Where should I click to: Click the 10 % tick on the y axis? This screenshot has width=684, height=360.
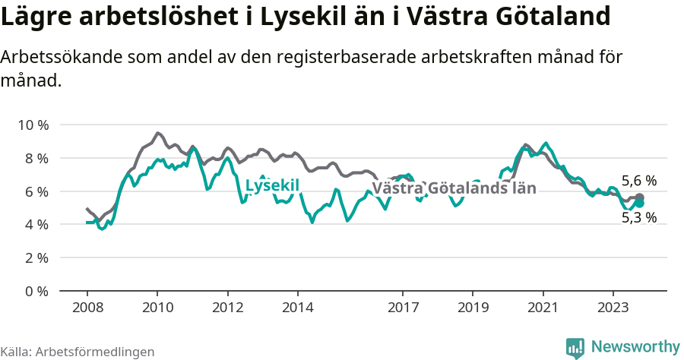point(32,125)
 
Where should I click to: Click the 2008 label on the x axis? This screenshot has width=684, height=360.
point(87,308)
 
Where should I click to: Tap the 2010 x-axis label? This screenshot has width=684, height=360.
point(157,308)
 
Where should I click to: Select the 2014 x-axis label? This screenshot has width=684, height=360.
point(297,308)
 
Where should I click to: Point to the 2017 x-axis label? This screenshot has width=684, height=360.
point(403,308)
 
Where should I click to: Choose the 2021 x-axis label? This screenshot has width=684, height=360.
point(543,308)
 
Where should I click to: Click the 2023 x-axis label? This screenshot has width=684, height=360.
point(613,308)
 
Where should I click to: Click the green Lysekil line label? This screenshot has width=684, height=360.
point(272,186)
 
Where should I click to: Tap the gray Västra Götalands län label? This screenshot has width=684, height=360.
point(454,188)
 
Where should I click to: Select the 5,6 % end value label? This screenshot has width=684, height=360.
point(639,181)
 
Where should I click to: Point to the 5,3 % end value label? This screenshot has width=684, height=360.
point(639,218)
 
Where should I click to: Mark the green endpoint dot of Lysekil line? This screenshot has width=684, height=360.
point(640,204)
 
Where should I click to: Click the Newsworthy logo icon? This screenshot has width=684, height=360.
point(575,348)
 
